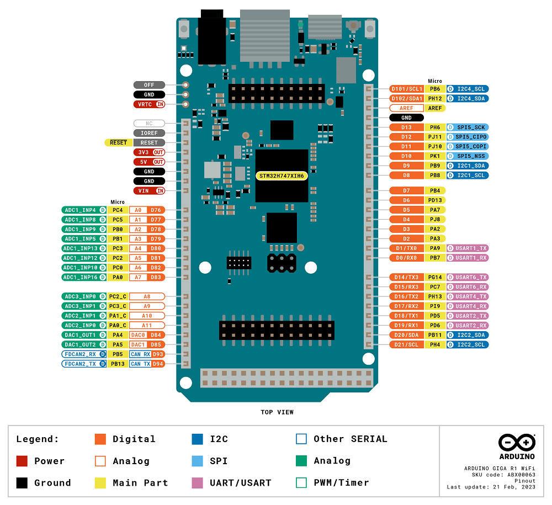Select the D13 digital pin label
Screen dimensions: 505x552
[406, 127]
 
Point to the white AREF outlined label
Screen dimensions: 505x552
[406, 108]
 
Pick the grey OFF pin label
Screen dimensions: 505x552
[149, 85]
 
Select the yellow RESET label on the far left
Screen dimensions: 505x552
[118, 142]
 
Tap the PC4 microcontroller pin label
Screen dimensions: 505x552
[118, 210]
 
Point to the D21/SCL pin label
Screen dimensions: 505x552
[406, 344]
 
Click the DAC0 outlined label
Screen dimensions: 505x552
[138, 335]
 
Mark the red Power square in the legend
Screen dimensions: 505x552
[22, 461]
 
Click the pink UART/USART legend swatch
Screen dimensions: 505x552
[198, 482]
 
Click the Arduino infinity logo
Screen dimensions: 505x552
[517, 442]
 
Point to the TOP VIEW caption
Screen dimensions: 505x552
[277, 412]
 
